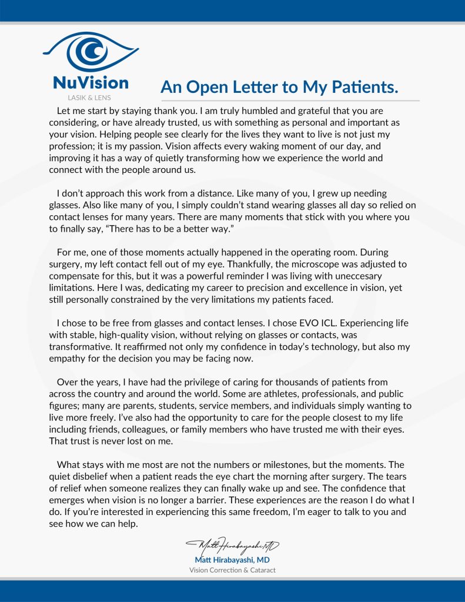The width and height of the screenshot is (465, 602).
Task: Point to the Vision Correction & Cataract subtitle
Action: pos(232,570)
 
